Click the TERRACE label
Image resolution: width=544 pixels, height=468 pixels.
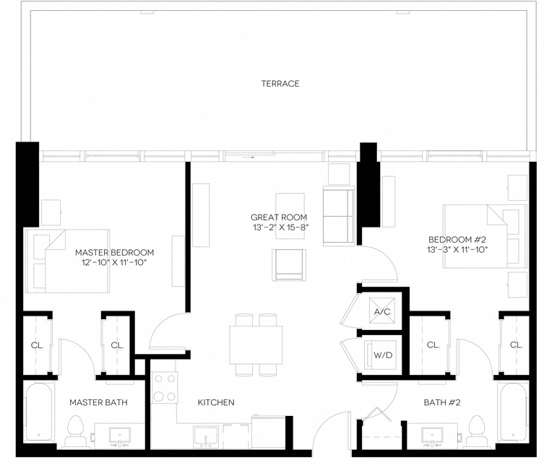(280, 84)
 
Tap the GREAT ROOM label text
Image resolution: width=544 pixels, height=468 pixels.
(279, 217)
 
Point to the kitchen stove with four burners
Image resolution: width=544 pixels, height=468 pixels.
(164, 389)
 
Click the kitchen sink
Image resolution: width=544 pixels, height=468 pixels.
(207, 437)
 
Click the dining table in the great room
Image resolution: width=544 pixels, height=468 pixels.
(256, 344)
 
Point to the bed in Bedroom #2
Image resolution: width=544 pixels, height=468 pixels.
(483, 236)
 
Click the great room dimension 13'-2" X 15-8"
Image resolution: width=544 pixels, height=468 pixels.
(279, 228)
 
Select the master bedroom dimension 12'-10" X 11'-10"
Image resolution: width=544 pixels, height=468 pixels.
(116, 264)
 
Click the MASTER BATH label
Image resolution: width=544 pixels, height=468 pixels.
(98, 402)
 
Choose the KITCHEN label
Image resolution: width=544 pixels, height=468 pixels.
(216, 402)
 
